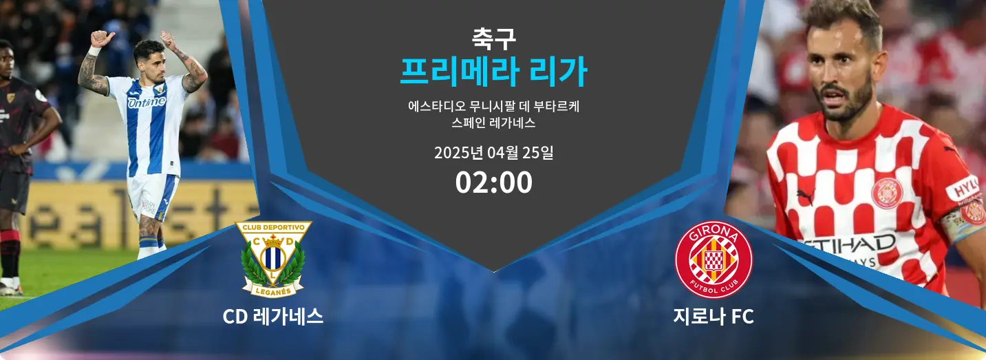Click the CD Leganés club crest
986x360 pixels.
pos(273,259)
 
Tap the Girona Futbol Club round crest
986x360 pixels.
pos(714,260)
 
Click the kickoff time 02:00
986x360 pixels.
pos(494,182)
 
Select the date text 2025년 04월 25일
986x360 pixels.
pos(494,153)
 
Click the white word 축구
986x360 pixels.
pos(493,39)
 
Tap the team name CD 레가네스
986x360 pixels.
pos(273,317)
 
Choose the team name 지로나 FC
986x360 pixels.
pos(714,317)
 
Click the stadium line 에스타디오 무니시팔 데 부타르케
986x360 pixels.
pos(493,107)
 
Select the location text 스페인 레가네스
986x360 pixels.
pos(493,123)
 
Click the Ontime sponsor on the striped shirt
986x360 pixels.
pos(147,102)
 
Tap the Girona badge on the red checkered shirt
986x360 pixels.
pos(887,193)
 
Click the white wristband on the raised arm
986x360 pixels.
pos(95,50)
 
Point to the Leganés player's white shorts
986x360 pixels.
pos(152,196)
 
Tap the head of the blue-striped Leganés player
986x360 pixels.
pos(149,57)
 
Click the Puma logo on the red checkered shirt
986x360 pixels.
pos(806,197)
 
